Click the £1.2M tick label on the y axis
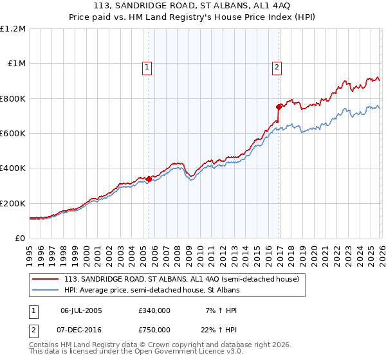click(x=13, y=28)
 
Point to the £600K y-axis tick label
click(x=13, y=134)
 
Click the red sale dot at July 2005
click(x=149, y=179)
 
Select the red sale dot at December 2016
click(x=279, y=107)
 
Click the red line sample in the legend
click(x=45, y=280)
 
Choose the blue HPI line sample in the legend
click(x=45, y=291)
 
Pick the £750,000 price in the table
click(x=154, y=330)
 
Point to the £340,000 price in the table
click(x=154, y=310)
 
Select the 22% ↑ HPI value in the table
click(x=218, y=330)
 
